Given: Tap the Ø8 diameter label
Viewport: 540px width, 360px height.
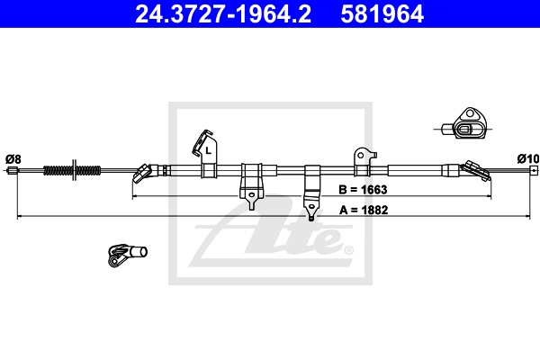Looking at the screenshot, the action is coord(13,159).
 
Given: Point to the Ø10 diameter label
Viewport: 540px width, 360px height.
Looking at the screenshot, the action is coord(527,159).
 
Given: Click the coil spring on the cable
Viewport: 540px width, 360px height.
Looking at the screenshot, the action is coord(73,169).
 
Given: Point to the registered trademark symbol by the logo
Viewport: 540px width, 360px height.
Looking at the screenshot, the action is coord(348,250).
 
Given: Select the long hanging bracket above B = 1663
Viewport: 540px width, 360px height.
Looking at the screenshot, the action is coord(312,190).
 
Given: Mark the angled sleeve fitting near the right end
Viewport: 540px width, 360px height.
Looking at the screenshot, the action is coord(471,168).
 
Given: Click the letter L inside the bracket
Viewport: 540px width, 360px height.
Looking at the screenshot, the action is coord(208,150).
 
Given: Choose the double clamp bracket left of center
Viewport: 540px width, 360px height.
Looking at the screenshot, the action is coord(251,179).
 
